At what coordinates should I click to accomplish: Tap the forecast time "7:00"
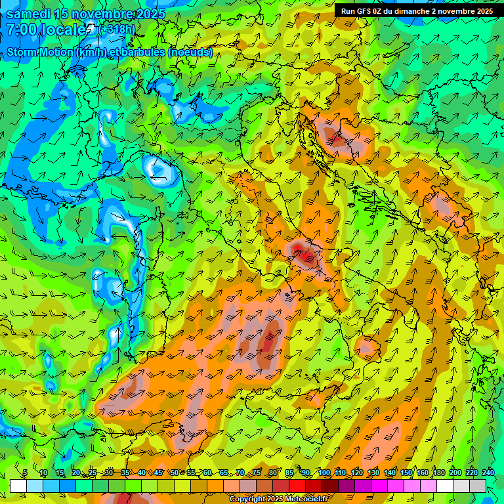[x=22, y=30]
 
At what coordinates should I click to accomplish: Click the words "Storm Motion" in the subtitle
[x=40, y=52]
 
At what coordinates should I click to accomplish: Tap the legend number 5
[x=25, y=473]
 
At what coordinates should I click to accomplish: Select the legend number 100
[x=324, y=473]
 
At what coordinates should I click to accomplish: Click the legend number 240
[x=488, y=473]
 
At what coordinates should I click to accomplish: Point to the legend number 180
[x=439, y=473]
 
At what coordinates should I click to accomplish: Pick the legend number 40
[x=142, y=473]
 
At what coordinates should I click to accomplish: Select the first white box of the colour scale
[x=18, y=486]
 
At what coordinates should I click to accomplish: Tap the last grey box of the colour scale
[x=478, y=486]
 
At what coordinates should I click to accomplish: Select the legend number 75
[x=257, y=473]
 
